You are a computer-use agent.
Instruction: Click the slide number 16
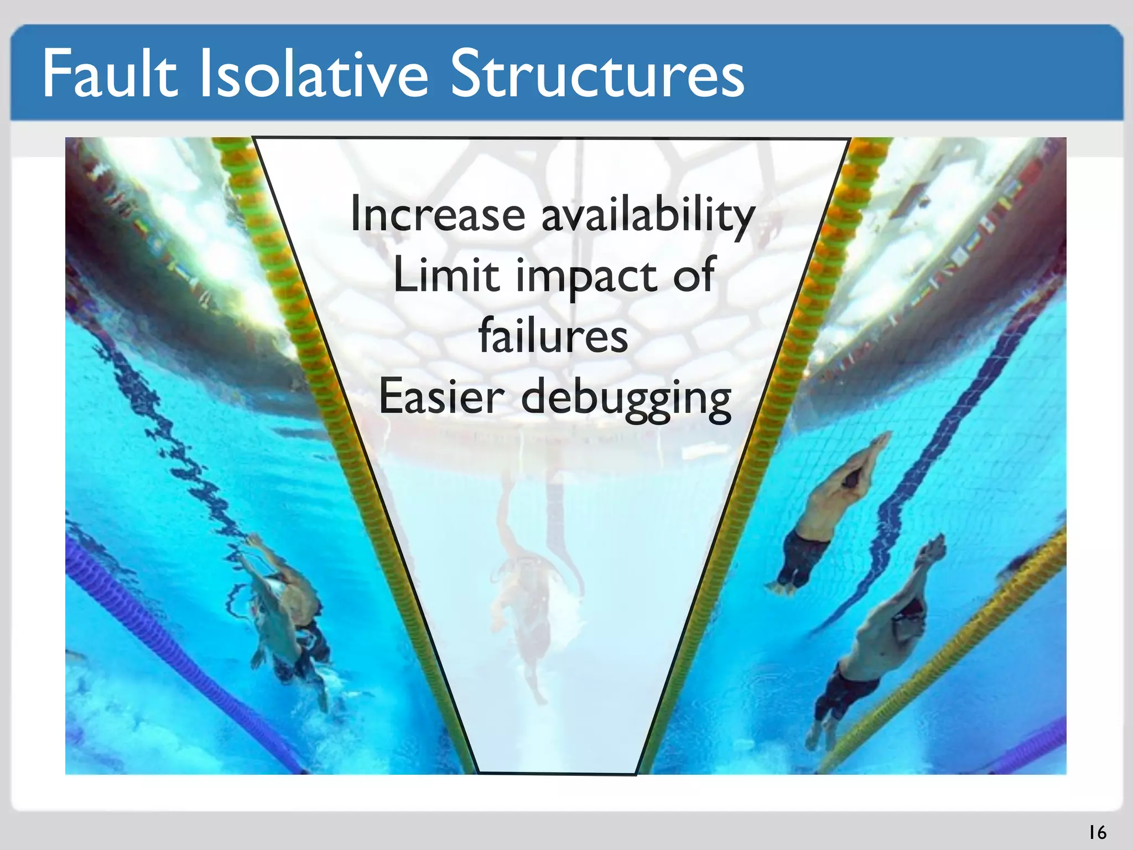1097,832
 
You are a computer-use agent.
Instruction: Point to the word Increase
438,214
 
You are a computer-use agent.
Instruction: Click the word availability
647,216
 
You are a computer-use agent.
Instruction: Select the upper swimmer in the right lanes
830,509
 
